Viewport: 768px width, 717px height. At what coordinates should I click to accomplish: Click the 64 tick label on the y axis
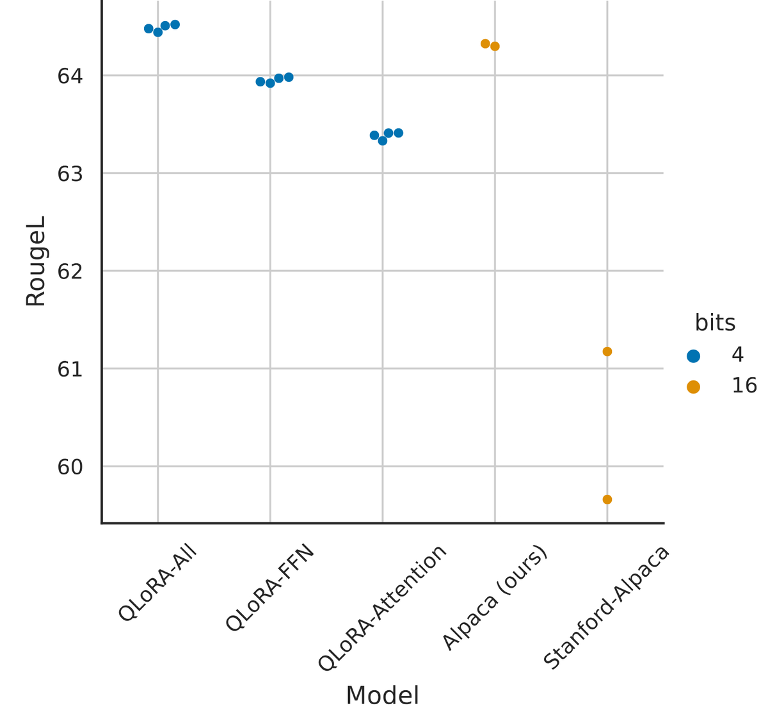pos(70,76)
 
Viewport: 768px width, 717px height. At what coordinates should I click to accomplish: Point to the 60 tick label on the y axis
pos(70,467)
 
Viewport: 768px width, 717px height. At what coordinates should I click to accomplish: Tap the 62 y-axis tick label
pos(70,271)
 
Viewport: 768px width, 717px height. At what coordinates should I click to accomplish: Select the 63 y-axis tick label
pos(70,174)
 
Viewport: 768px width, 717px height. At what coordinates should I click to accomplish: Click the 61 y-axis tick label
pos(70,369)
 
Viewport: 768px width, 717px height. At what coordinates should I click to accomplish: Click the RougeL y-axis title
pos(36,261)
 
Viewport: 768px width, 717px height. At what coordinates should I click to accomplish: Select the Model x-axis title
pos(383,695)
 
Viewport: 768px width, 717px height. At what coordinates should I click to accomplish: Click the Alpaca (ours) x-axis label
pos(495,598)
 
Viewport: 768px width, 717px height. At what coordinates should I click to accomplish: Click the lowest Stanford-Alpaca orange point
pos(607,499)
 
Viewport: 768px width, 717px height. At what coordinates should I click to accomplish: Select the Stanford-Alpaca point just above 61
pos(607,351)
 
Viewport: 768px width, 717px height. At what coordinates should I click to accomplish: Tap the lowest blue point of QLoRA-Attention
pos(383,141)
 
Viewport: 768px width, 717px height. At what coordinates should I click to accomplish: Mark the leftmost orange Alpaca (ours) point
pos(485,44)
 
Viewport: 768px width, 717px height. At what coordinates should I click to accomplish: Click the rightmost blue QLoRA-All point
pos(175,25)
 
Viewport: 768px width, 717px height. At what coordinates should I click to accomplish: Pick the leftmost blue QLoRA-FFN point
pos(260,82)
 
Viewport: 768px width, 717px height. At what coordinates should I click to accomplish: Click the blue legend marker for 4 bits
pos(693,356)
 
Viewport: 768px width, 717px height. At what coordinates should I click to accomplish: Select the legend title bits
pos(715,323)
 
